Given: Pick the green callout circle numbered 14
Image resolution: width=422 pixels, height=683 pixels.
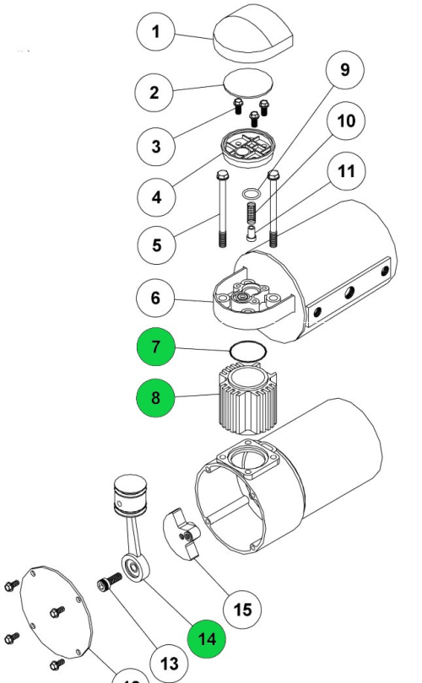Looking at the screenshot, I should coord(208,639).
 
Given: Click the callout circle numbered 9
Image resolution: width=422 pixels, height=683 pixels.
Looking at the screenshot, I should coord(344,69).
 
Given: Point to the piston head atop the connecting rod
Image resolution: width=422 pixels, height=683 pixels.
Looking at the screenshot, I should coord(131,492).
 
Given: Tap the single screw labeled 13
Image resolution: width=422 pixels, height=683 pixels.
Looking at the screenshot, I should coord(106,583).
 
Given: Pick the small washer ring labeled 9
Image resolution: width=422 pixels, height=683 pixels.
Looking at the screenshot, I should coord(251,195).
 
